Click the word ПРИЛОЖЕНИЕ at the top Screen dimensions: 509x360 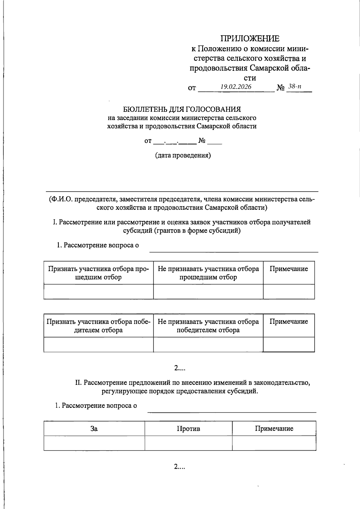pos(250,38)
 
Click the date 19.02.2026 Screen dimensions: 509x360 pos(236,87)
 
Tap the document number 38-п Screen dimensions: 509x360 pos(295,87)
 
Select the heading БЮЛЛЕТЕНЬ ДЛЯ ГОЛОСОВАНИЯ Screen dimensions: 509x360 pos(182,109)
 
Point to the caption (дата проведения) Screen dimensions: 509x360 pos(183,155)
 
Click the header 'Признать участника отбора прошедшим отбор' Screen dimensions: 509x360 pos(98,273)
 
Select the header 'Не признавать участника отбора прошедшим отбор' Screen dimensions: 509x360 pos(208,273)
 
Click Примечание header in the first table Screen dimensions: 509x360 pos(289,269)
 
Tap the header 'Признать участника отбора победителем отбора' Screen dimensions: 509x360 pos(98,326)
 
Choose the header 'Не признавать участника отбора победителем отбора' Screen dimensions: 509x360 pos(208,326)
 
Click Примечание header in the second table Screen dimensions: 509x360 pos(289,322)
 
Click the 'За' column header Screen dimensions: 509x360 pos(94,429)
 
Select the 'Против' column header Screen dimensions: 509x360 pos(188,429)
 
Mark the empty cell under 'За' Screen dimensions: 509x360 pos(94,443)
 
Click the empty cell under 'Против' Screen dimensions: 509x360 pos(188,443)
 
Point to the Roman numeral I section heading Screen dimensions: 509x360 pos(182,226)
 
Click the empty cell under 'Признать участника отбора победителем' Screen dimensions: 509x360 pos(98,344)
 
